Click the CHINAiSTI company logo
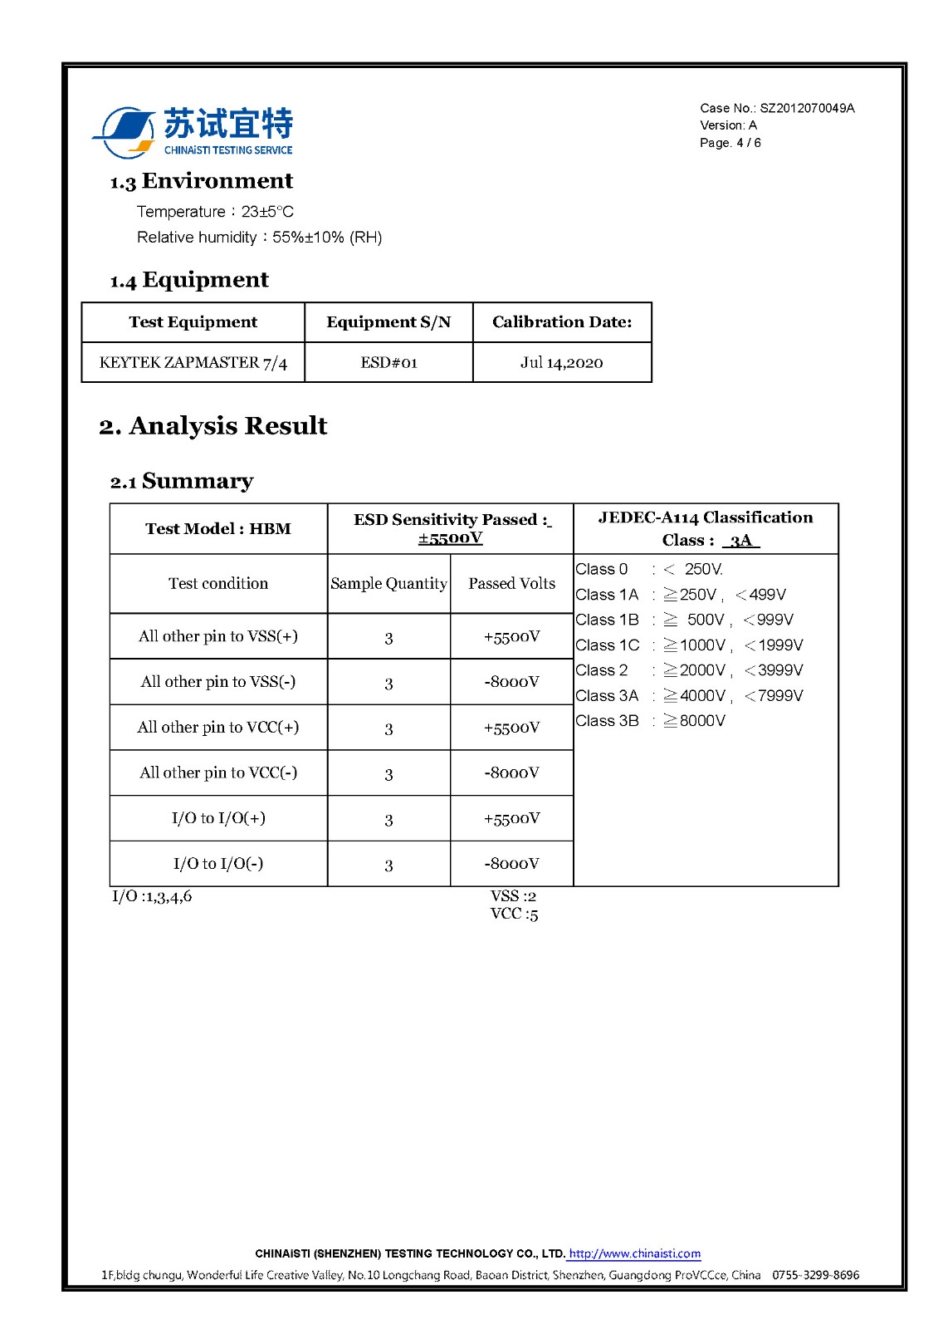click(193, 132)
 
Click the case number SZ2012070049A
click(807, 108)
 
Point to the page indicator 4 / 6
click(749, 143)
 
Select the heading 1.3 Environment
click(202, 181)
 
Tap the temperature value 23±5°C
click(267, 212)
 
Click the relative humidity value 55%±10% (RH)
click(327, 238)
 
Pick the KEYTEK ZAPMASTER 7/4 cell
click(193, 363)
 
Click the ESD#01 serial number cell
click(388, 363)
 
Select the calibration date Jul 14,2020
click(562, 363)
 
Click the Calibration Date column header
click(562, 322)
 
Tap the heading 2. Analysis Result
click(213, 426)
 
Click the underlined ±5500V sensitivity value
click(451, 538)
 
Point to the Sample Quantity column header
click(388, 584)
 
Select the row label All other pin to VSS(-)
click(218, 682)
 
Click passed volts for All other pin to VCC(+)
click(512, 728)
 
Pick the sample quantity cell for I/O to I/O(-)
click(388, 865)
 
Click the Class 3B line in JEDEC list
click(650, 721)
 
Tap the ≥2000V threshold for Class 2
click(696, 670)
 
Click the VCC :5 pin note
click(514, 915)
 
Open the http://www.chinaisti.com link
click(635, 1253)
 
